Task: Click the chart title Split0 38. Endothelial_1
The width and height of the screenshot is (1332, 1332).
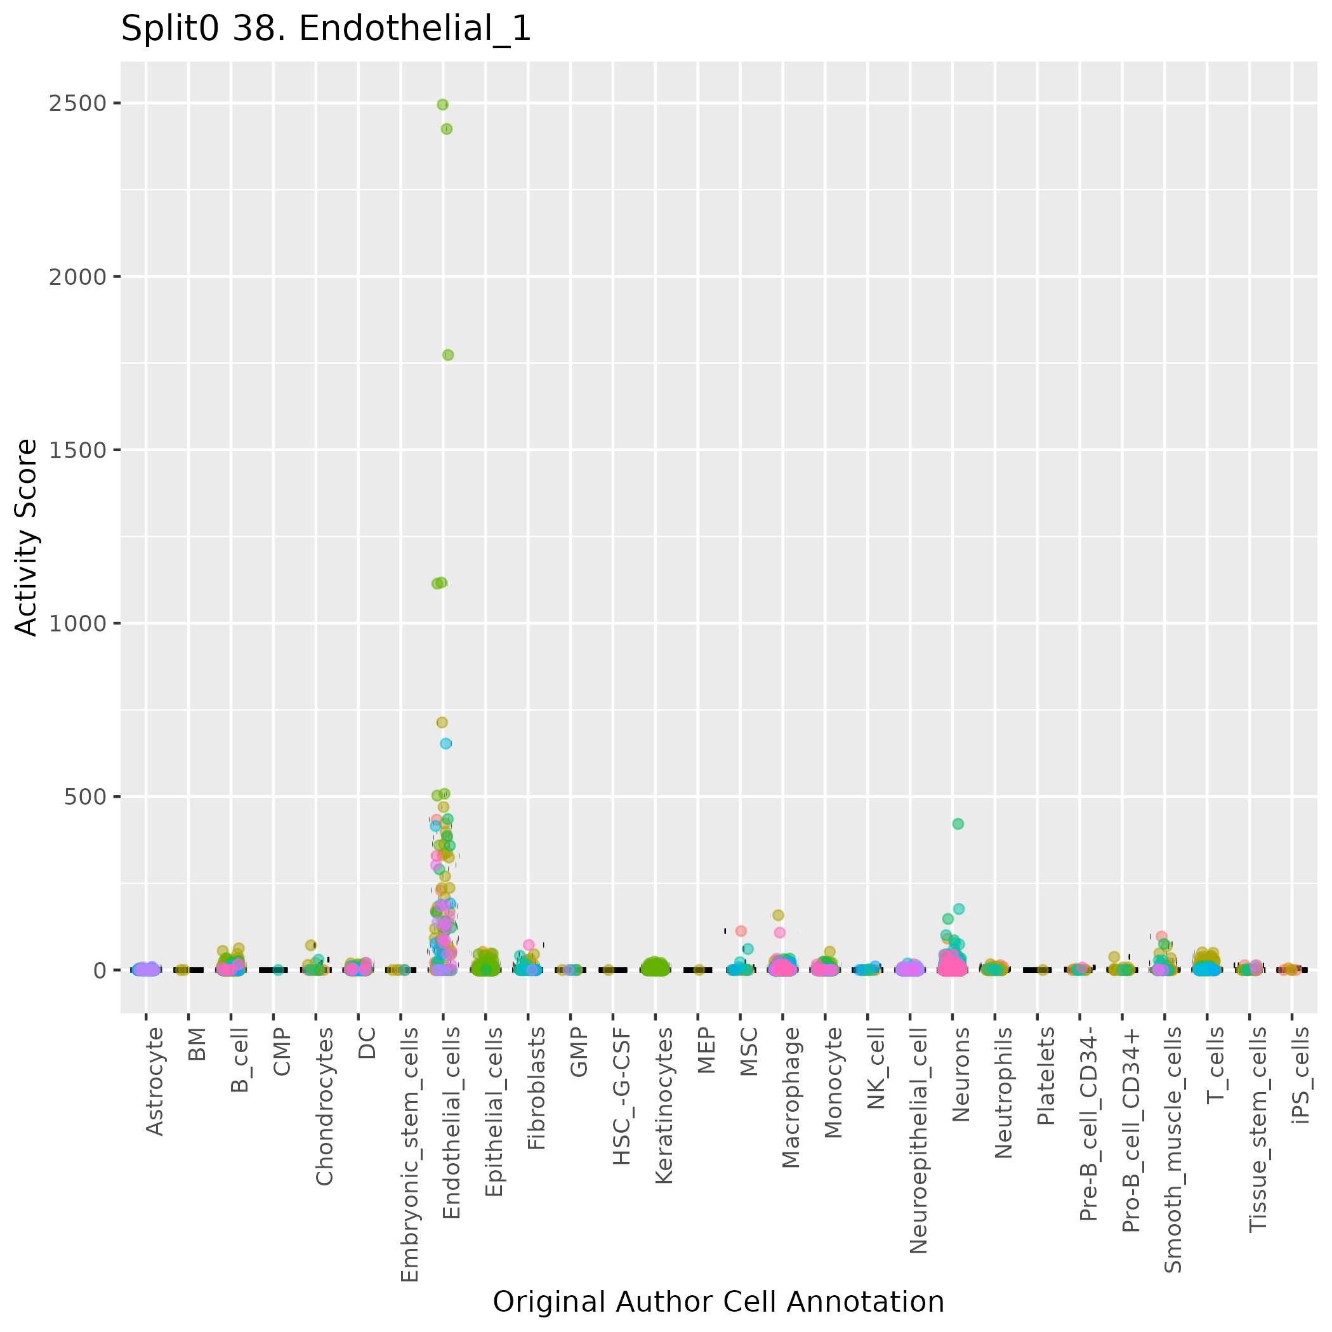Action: (x=326, y=30)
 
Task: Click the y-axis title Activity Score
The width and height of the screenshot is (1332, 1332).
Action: (x=27, y=537)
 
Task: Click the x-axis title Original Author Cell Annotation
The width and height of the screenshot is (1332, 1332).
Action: (x=718, y=1302)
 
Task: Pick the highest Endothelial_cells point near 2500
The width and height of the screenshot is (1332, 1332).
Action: (x=442, y=105)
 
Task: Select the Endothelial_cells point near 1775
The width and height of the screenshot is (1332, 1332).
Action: (x=447, y=355)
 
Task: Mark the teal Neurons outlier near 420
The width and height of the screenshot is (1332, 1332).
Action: (x=958, y=824)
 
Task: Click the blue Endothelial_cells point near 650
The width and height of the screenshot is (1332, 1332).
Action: (x=446, y=743)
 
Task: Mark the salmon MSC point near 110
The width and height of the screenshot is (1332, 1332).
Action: (x=741, y=931)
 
